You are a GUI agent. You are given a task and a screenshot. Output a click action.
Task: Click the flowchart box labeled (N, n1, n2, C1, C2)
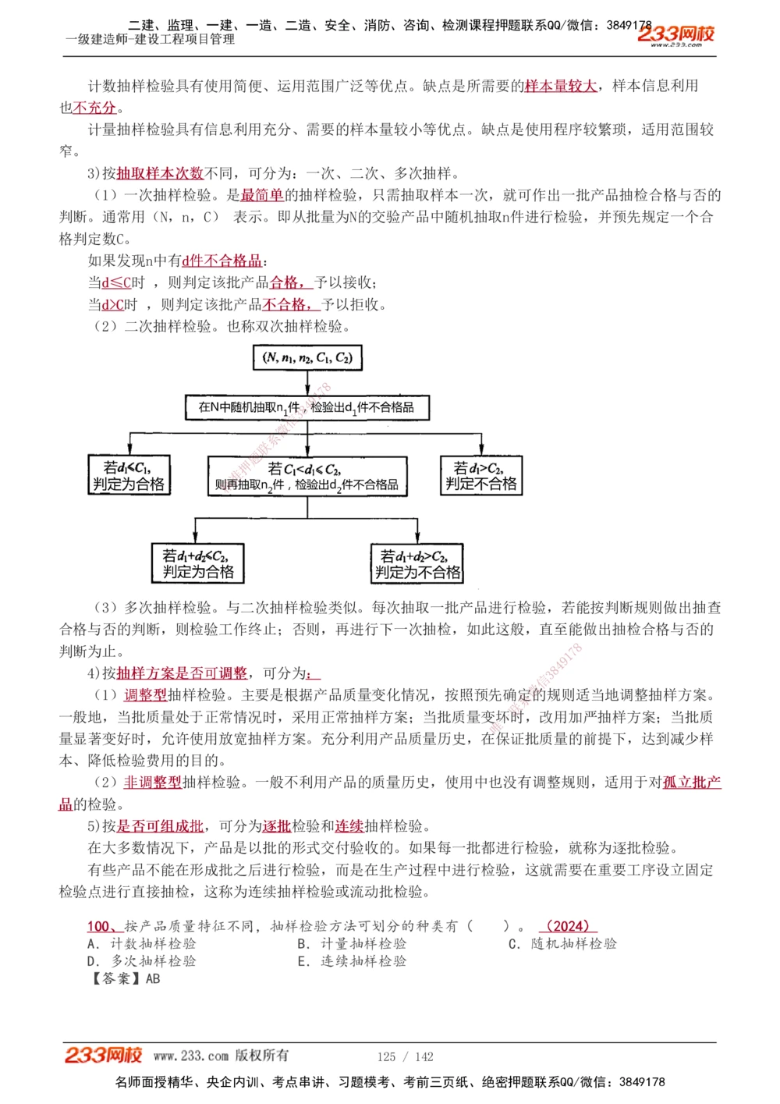[x=308, y=358]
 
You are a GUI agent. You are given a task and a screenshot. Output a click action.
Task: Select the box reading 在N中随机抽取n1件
[x=307, y=407]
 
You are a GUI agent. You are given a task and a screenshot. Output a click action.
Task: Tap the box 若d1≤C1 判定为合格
[x=129, y=475]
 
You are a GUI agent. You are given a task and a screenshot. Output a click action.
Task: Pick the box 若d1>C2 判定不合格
[x=481, y=475]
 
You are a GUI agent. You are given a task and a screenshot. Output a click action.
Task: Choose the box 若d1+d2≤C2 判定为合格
[x=198, y=563]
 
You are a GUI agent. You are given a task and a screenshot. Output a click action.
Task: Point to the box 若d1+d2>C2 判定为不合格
[x=417, y=564]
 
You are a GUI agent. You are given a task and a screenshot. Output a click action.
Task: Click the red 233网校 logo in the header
[x=675, y=34]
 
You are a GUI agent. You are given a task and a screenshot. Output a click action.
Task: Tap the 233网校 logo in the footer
[x=103, y=1056]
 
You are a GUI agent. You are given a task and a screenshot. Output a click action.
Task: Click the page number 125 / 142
[x=405, y=1056]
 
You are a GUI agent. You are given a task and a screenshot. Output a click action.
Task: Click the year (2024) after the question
[x=567, y=926]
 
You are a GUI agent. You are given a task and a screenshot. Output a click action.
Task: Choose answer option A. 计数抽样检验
[x=142, y=943]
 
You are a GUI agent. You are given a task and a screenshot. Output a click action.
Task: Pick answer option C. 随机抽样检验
[x=562, y=943]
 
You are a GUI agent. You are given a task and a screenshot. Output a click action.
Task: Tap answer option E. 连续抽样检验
[x=352, y=961]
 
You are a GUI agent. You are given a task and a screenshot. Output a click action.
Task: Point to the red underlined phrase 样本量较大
[x=560, y=86]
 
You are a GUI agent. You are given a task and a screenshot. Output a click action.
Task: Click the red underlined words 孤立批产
[x=692, y=782]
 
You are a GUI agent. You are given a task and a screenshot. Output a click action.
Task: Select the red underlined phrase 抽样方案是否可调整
[x=182, y=673]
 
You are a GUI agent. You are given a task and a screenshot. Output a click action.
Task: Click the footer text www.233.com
[x=191, y=1056]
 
